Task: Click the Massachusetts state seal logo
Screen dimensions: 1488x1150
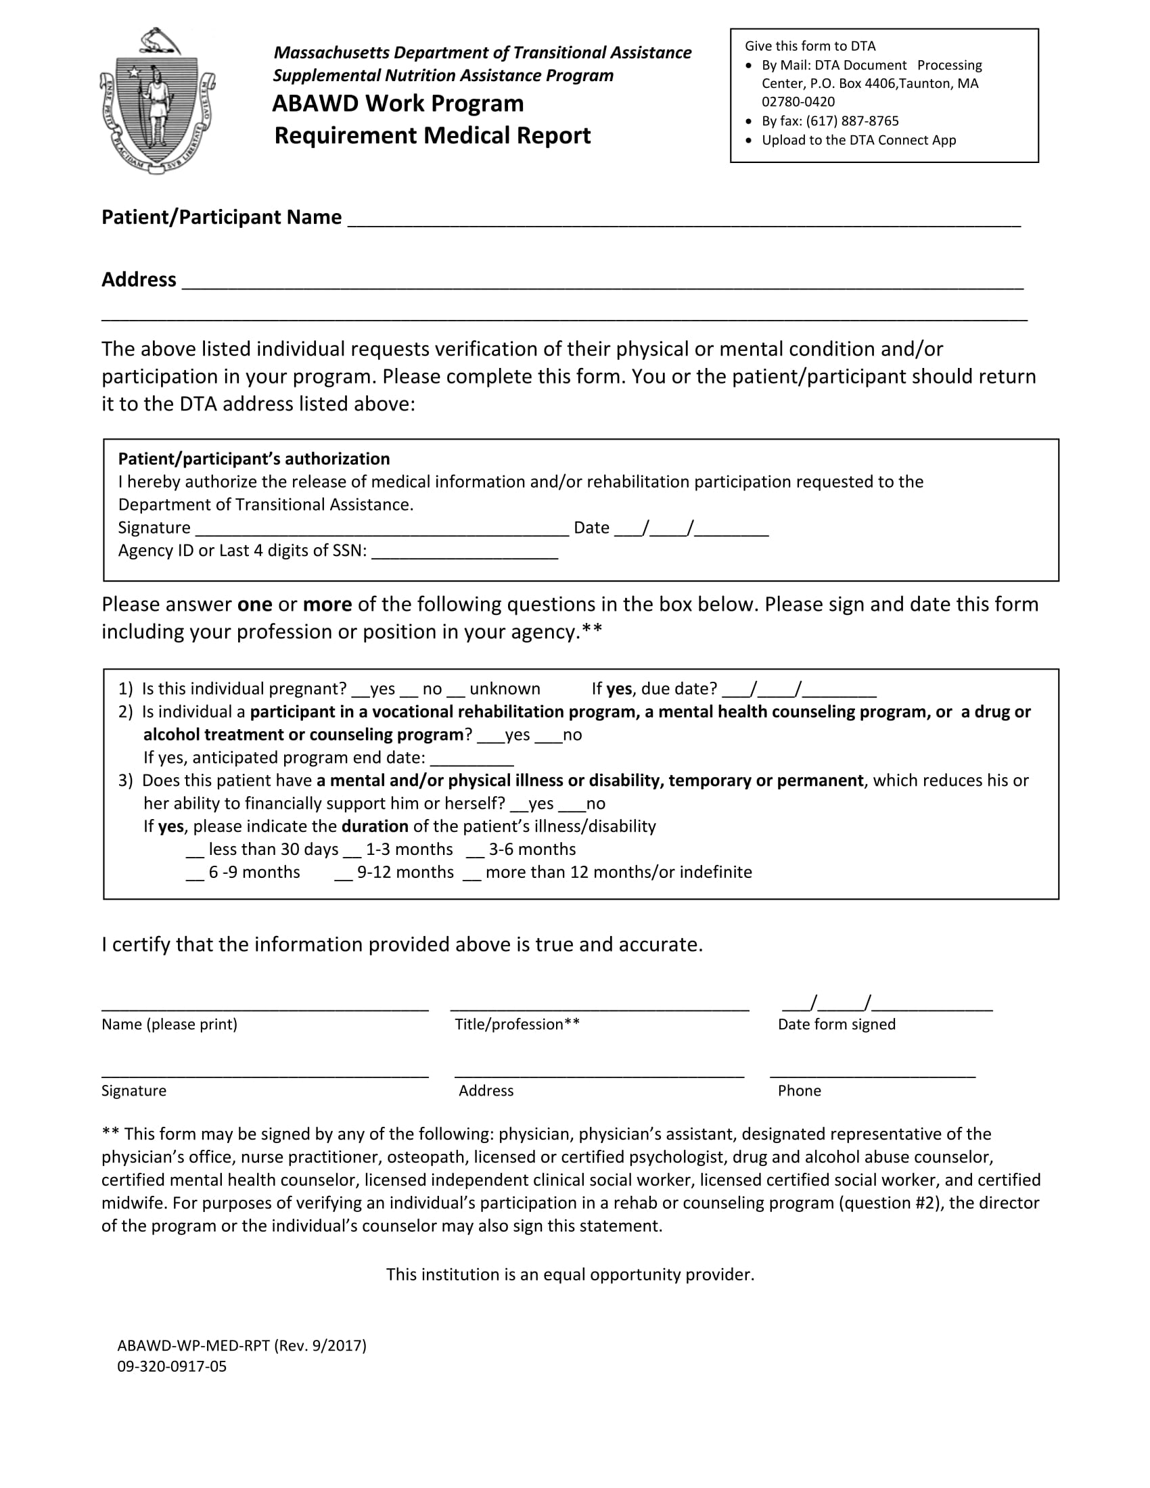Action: click(158, 101)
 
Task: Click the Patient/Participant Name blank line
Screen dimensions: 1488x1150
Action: click(683, 223)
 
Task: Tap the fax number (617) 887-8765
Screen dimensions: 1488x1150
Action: click(852, 120)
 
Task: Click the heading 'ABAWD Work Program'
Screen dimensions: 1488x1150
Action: click(398, 103)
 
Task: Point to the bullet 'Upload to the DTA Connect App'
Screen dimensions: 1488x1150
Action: click(858, 140)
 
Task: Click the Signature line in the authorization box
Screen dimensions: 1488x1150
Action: click(382, 534)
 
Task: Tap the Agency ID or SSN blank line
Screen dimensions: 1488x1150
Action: click(465, 557)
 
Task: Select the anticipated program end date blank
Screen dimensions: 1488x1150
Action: click(471, 764)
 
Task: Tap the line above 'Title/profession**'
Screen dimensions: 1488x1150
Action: click(599, 1008)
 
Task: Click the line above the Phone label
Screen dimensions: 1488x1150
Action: click(872, 1075)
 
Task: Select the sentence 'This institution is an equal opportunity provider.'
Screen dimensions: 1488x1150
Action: click(570, 1274)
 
